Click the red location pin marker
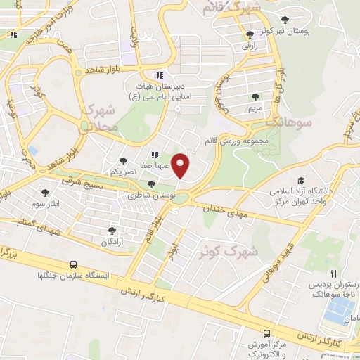(181, 165)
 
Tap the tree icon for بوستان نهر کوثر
(285, 20)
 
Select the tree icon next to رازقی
(250, 34)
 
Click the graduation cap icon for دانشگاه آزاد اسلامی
(302, 180)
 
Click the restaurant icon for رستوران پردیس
(334, 274)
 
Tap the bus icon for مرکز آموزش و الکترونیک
(266, 333)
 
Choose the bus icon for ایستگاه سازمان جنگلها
(74, 265)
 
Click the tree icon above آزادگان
(111, 231)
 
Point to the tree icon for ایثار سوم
(46, 192)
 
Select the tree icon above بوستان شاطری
(151, 184)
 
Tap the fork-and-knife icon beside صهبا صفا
(155, 155)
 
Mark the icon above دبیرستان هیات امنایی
(160, 75)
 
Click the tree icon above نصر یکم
(124, 161)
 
